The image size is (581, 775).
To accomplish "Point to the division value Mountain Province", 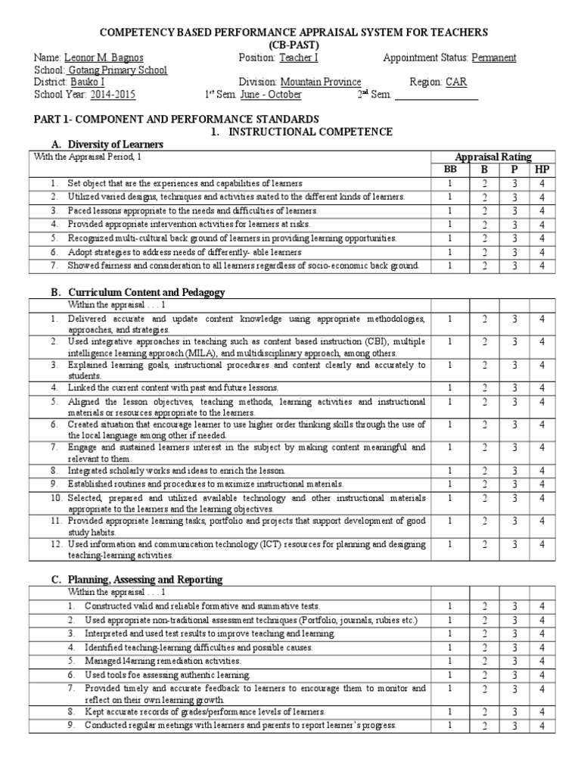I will click(320, 82).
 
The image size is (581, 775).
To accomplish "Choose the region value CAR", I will click(456, 82).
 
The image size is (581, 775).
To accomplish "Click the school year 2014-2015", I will click(113, 95).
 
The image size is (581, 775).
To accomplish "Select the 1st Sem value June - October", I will click(269, 95).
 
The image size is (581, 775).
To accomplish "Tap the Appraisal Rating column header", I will click(492, 157).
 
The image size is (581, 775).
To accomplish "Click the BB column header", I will click(450, 170).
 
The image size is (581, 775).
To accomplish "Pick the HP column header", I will click(542, 170).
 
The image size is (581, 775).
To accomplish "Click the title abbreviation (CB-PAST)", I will click(290, 45).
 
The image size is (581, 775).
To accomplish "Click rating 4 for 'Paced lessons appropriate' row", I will click(542, 210).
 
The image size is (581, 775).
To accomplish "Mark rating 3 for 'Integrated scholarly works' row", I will click(514, 470).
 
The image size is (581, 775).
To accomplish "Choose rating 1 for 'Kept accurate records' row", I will click(450, 712).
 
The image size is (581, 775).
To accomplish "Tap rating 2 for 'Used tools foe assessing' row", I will click(484, 674).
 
